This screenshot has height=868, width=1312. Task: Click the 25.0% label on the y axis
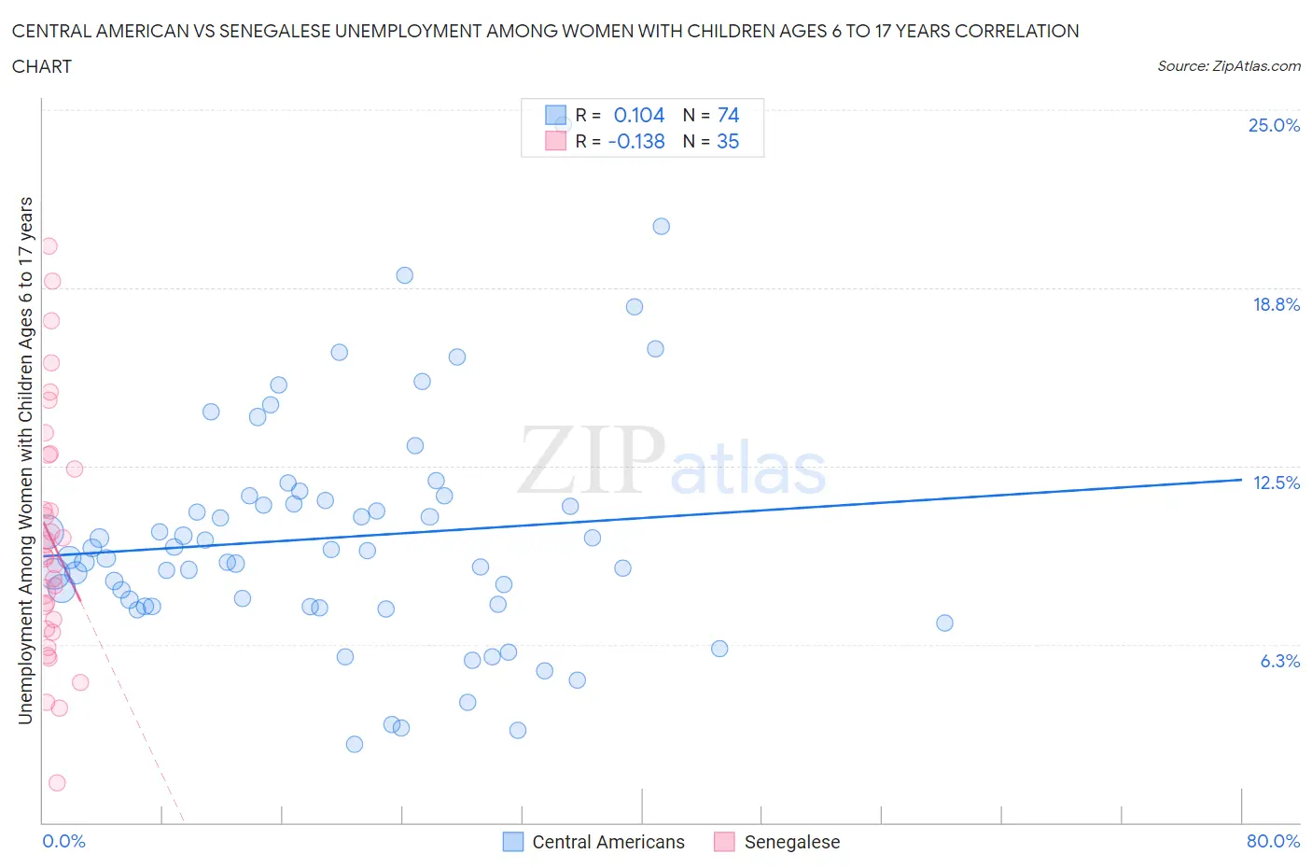1274,126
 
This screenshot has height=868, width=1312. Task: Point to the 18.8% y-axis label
1276,305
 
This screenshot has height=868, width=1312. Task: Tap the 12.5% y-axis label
1276,483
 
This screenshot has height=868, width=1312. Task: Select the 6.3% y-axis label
1279,662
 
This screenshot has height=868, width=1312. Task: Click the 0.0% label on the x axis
63,842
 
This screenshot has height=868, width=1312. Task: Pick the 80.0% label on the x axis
1273,842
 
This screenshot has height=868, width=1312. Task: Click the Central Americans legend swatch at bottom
513,842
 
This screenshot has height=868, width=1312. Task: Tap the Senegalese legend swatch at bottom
724,842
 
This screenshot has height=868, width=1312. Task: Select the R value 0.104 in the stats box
639,116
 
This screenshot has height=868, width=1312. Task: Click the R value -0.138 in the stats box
636,142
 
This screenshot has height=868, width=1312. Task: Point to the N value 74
728,116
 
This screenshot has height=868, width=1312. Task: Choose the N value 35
728,142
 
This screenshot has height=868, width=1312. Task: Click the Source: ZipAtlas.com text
1228,66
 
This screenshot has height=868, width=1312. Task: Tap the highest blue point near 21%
661,226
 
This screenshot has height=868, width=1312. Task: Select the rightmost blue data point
944,623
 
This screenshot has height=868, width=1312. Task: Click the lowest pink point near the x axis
57,783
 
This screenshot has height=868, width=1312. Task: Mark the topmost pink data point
49,246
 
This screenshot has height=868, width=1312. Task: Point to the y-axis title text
26,460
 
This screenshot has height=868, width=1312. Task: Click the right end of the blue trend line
1241,479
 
